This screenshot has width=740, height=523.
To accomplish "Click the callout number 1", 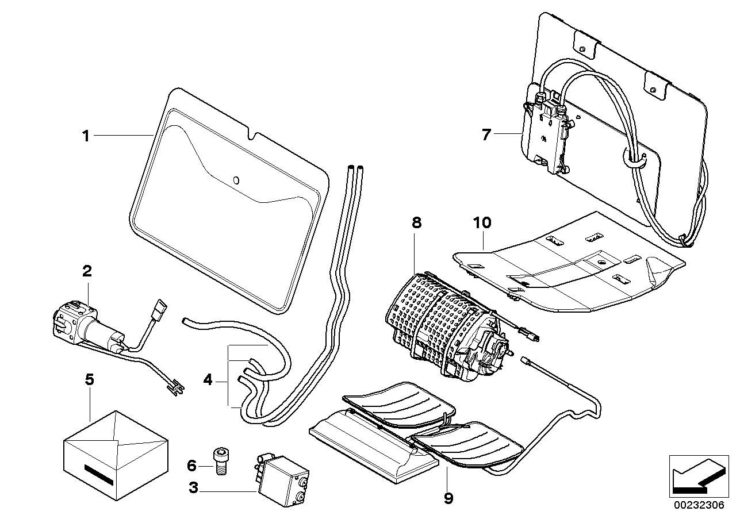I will click(x=86, y=136).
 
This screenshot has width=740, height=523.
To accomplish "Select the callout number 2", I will click(x=87, y=271).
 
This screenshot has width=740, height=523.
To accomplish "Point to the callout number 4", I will click(x=208, y=379).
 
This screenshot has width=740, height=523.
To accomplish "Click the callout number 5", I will click(x=89, y=380).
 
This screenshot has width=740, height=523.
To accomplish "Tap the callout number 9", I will click(x=448, y=497).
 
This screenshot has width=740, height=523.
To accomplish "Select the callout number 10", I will click(x=482, y=223).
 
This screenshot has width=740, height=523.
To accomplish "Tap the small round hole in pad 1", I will click(x=236, y=181).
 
